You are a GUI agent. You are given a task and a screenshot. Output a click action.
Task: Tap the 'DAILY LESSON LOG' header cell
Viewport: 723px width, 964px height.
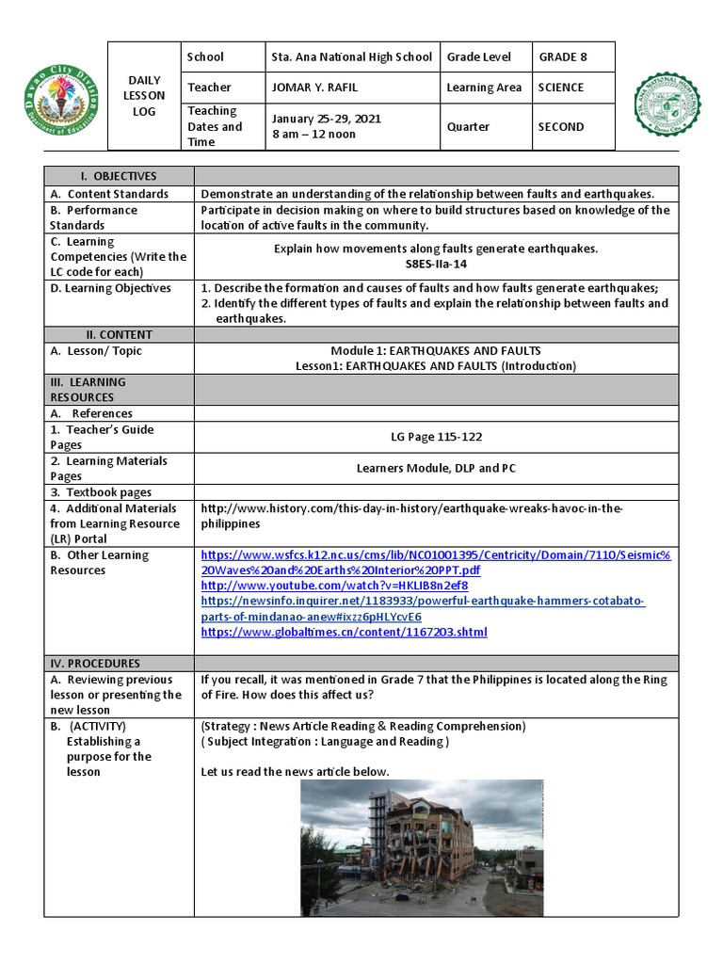pos(144,95)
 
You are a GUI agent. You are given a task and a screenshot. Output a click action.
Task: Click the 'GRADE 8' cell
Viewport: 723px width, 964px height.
pos(563,56)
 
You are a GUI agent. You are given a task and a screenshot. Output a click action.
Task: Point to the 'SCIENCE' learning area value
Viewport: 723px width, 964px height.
pos(561,88)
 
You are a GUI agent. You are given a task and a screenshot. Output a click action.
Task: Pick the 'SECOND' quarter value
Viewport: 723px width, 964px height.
pos(561,126)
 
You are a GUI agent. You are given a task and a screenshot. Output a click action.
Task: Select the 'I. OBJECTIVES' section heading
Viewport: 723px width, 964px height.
pos(119,176)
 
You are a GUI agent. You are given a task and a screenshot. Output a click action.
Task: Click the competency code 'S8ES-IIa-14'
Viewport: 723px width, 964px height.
pos(436,265)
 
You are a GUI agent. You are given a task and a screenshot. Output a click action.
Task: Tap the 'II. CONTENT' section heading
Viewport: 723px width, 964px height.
pos(119,334)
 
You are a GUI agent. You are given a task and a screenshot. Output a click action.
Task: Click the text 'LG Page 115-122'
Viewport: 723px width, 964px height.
pos(436,437)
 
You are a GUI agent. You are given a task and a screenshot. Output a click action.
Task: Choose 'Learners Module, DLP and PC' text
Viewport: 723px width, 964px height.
pos(436,468)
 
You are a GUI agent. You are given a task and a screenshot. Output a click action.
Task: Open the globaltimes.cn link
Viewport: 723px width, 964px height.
pos(345,632)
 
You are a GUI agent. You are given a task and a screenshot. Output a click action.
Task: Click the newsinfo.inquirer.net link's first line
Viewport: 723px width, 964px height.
pos(423,601)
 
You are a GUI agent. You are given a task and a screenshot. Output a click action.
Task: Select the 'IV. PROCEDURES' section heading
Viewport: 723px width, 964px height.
pos(119,663)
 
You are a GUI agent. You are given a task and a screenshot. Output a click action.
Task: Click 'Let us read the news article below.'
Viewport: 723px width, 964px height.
pos(295,772)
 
